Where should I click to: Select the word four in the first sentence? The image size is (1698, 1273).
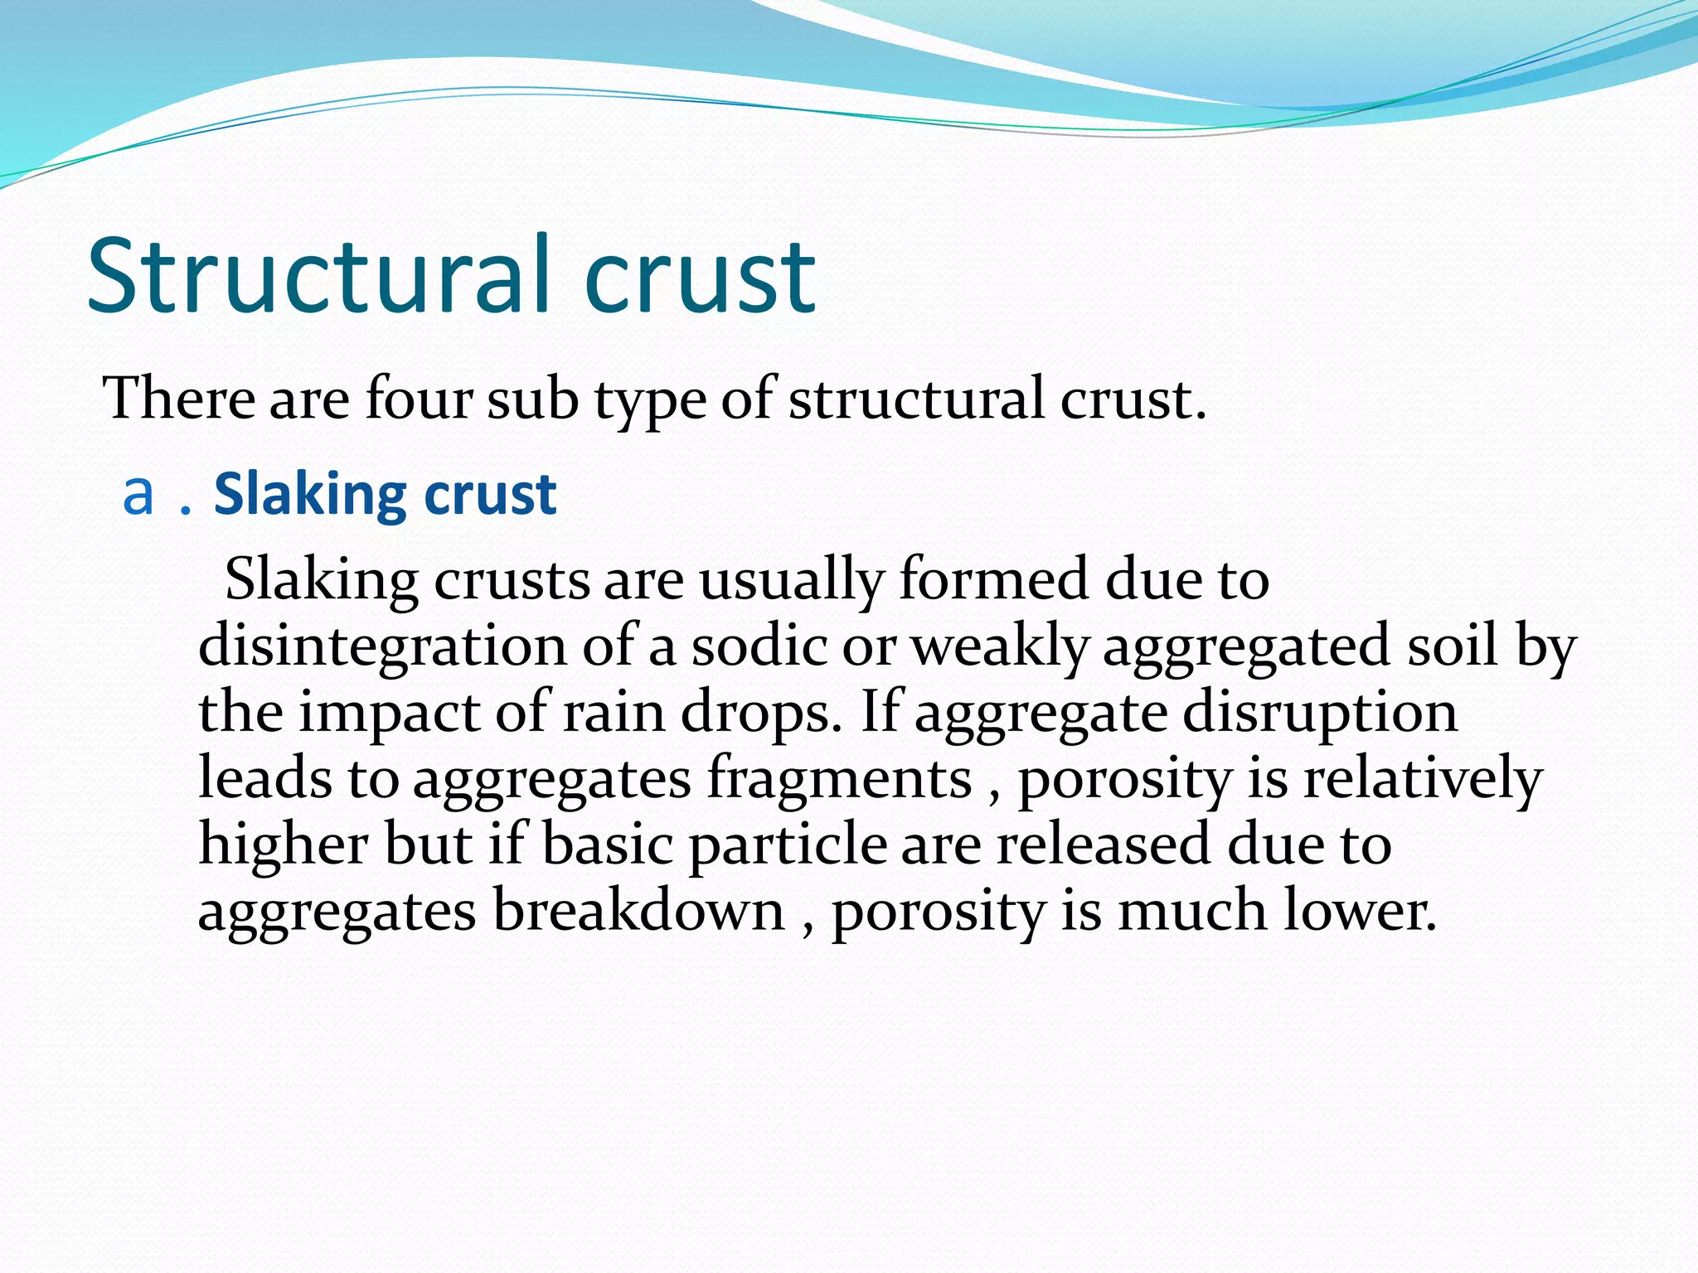(418, 399)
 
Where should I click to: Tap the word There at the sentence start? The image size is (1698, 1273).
(178, 399)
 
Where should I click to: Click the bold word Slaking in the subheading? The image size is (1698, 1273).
(310, 495)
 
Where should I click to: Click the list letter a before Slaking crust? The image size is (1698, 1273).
(138, 495)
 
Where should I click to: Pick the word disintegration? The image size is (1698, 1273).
(382, 646)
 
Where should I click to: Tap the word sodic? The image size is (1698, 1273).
(759, 646)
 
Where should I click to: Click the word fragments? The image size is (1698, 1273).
(839, 779)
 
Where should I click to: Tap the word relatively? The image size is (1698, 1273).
(1422, 779)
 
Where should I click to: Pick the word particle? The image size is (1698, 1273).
(788, 845)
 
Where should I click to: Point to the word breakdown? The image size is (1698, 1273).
(638, 911)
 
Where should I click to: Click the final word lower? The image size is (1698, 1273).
(1359, 911)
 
